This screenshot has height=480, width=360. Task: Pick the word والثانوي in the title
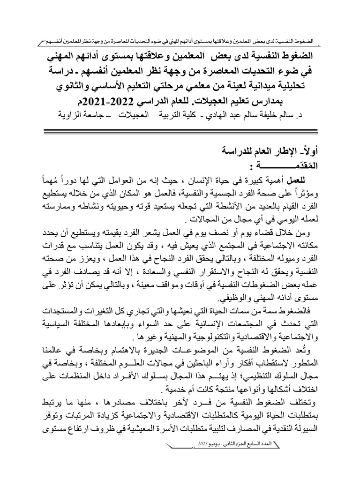[x=69, y=88]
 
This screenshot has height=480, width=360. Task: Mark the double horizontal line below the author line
[x=180, y=129]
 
